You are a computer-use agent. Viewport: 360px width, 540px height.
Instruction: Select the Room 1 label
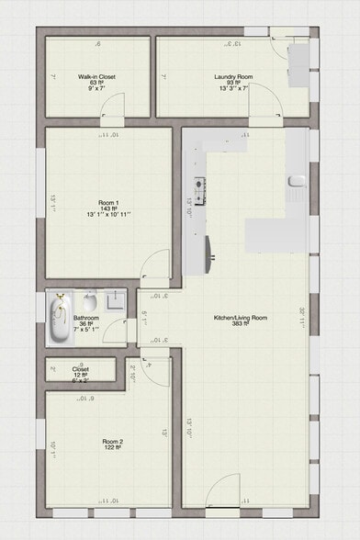109,202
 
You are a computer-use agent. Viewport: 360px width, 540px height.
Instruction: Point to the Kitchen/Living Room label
241,318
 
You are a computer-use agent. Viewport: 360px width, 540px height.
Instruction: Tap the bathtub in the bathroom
59,319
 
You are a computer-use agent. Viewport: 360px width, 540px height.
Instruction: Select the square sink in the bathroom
114,300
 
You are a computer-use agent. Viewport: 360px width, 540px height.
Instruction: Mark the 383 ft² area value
241,325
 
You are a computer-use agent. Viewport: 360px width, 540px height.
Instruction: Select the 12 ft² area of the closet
81,375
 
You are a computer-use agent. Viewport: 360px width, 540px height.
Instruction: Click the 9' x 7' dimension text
96,89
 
